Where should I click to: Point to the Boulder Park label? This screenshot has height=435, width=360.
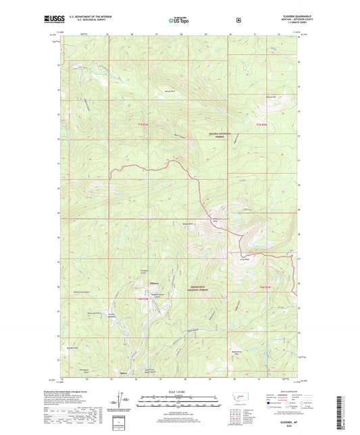point(72,349)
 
